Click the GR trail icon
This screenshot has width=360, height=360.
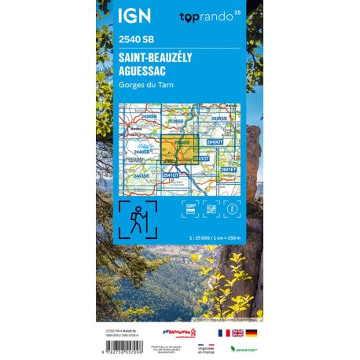[x=189, y=208]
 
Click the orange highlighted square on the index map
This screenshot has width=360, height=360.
[x=174, y=149]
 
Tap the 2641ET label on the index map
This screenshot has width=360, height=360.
[x=228, y=169]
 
